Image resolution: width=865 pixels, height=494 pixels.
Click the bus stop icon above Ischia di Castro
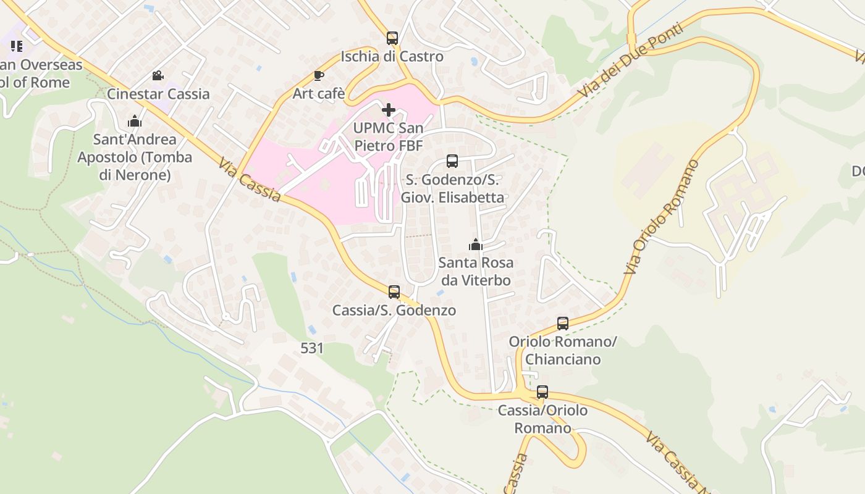coord(392,38)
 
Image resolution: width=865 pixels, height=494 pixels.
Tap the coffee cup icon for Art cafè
coord(318,76)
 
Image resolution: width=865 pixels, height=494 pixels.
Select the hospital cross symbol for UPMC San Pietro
coord(389,111)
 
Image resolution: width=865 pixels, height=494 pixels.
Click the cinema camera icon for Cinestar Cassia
coord(158,76)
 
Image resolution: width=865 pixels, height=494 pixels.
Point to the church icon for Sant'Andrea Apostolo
coord(135,121)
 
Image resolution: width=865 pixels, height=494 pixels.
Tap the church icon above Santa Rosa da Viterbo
coord(475,245)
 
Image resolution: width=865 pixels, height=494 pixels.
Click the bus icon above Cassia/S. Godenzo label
coord(394,292)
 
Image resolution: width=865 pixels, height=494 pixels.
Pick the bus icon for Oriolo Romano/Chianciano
coord(563,323)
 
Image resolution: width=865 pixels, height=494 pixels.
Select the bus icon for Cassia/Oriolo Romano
coord(542,392)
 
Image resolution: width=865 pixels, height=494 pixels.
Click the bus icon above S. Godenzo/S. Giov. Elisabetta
coord(452,162)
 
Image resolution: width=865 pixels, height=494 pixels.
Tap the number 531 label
coord(312,348)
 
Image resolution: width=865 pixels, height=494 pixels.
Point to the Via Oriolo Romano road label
coord(661,217)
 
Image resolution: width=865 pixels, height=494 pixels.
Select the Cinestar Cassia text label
coord(158,94)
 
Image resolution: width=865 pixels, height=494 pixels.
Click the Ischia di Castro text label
coord(392,56)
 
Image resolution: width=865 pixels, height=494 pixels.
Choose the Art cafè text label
coord(318,94)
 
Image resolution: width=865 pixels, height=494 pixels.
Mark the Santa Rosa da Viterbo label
coord(475,272)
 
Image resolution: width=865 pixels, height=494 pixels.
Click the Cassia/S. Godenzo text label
coord(394,310)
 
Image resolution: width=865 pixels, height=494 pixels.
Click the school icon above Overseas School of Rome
coord(17,46)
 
